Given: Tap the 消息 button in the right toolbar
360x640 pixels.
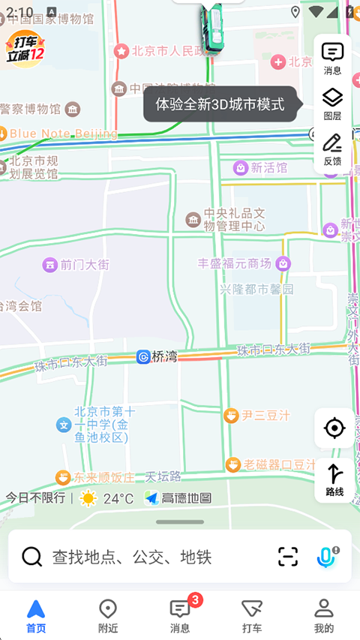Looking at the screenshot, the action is coord(332,58).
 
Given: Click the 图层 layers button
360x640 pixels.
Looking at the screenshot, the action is coord(332,103).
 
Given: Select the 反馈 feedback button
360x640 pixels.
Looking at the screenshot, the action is coord(332,149).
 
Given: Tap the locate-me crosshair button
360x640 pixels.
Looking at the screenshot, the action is coord(334,428).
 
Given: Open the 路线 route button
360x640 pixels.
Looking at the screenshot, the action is coord(334,480).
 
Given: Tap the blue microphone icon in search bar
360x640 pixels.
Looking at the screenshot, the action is coord(325,556).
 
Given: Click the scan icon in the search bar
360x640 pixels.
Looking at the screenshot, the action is coord(288,556).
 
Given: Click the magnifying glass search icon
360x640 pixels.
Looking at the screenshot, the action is coord(31,556).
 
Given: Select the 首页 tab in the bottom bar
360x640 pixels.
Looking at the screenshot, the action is coord(36,615).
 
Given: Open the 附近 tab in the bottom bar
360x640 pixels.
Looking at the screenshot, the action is coord(108,615).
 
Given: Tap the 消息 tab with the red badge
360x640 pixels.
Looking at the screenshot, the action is coord(180,615).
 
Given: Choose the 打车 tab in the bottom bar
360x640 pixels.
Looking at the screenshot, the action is coord(252,615).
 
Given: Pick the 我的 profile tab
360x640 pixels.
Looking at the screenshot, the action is coord(324,615).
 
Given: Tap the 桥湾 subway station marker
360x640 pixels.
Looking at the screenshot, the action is coord(157,356).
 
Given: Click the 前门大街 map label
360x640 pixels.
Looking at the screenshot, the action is coord(76,264).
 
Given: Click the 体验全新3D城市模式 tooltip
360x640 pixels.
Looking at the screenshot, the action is coord(220,104).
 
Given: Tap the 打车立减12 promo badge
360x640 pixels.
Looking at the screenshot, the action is coord(25,50).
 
